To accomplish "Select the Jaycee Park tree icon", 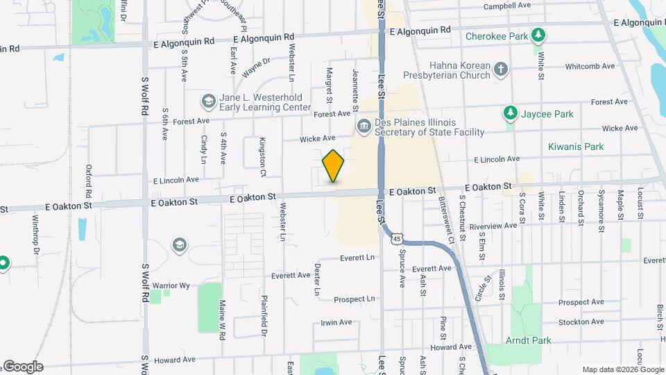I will point(511,113).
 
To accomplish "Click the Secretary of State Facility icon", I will point(364,126).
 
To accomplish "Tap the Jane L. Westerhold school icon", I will point(208,102).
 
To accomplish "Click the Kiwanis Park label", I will point(575,147).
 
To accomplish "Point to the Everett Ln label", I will point(357,258).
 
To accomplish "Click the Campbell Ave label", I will point(507,6).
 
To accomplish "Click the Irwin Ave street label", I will point(336,322).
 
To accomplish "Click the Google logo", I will point(22,367).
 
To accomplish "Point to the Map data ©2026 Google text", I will point(622,369).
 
